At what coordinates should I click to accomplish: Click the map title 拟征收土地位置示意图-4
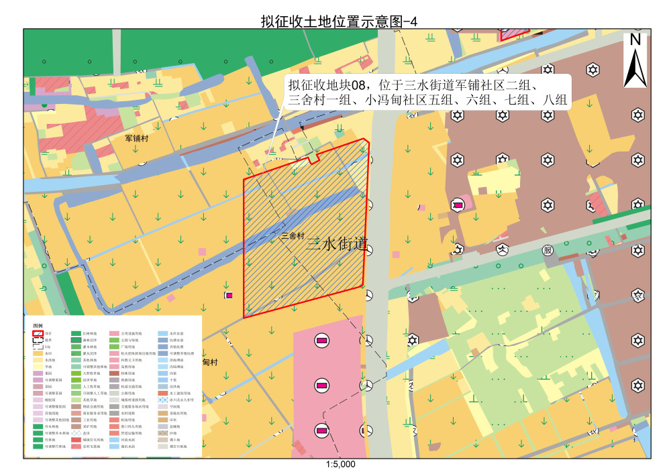click(x=339, y=21)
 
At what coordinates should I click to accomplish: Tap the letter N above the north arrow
click(x=635, y=40)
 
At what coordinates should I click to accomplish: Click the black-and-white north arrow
click(x=635, y=69)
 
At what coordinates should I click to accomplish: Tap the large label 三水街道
click(x=337, y=245)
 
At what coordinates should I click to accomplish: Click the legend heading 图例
click(x=38, y=325)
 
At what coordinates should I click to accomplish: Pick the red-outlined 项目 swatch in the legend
click(x=38, y=333)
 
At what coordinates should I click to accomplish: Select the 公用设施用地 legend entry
click(x=130, y=333)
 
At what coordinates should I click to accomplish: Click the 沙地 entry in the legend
click(x=169, y=433)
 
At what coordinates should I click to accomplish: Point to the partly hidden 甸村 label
click(x=210, y=362)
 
